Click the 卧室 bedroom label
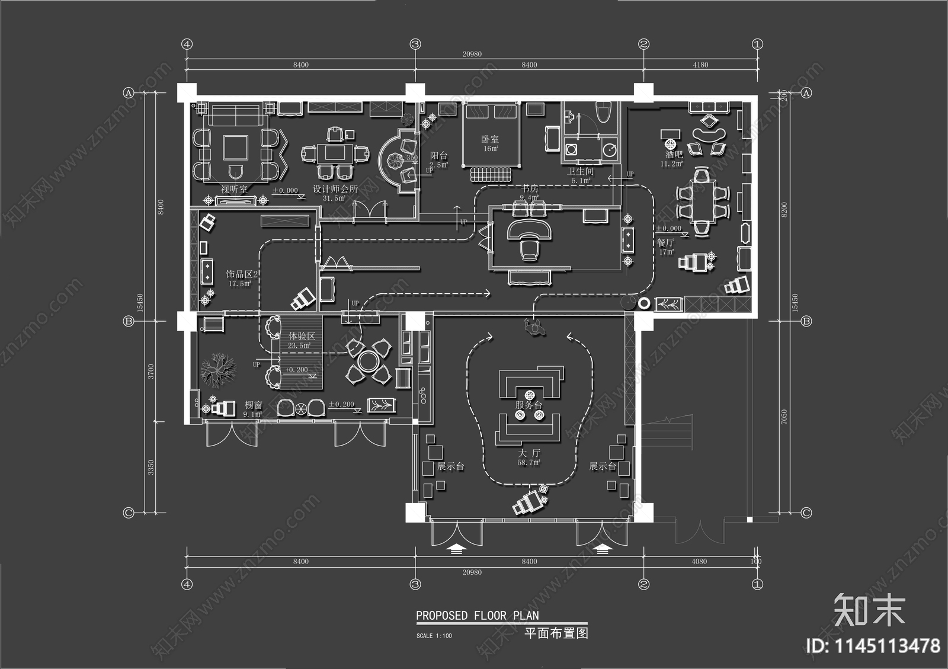pos(490,139)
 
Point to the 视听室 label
pos(234,190)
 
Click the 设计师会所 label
pos(335,190)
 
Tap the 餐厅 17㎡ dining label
pos(666,244)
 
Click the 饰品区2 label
pos(242,275)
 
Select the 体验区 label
pos(302,336)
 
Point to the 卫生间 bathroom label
pos(581,172)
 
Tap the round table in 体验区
pos(369,360)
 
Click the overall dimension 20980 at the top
pos(472,54)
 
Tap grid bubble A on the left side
pos(128,93)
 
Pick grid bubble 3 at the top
pos(415,44)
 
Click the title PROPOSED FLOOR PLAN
pos(477,616)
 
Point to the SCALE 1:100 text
pos(434,636)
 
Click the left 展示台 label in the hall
pos(450,467)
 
